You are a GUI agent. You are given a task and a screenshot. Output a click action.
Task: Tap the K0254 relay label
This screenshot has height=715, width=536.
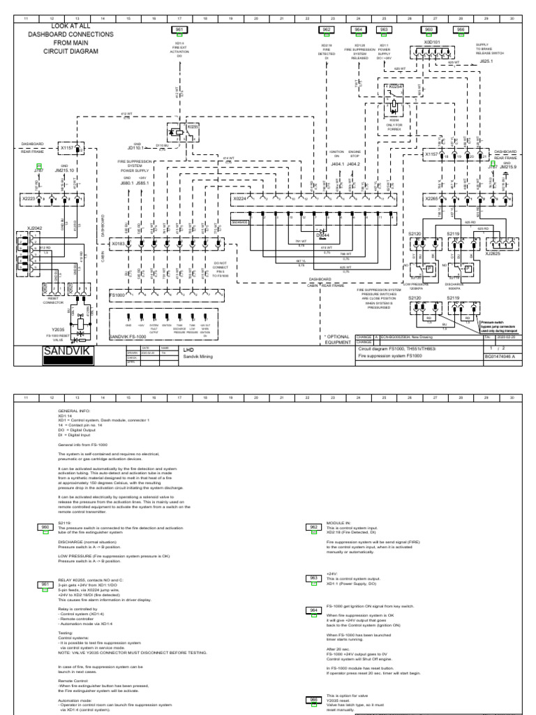coord(396,86)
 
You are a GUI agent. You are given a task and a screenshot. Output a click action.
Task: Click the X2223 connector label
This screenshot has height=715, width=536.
coord(29,199)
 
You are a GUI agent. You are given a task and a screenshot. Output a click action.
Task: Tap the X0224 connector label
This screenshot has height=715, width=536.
coord(241,199)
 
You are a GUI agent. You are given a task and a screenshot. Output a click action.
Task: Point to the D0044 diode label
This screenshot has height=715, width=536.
coord(322,236)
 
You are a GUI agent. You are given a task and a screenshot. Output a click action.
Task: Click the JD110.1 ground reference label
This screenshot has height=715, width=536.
coord(135,148)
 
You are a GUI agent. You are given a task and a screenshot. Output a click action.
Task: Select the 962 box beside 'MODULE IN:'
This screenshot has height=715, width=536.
coord(313,527)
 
